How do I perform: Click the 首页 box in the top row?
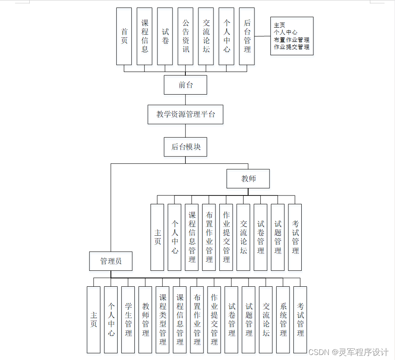[124, 36]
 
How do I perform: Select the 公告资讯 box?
[185, 36]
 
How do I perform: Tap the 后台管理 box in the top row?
[247, 36]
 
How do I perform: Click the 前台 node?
[185, 85]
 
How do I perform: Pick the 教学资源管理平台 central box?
[185, 114]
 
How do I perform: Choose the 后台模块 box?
[185, 147]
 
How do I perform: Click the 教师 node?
[248, 179]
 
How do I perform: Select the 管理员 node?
[111, 261]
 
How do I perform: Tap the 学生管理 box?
[128, 319]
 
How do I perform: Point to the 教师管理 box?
[145, 319]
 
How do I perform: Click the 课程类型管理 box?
[162, 319]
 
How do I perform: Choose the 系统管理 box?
[283, 319]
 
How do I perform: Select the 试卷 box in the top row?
[165, 36]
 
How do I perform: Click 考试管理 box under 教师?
[295, 237]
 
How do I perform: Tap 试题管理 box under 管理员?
[249, 319]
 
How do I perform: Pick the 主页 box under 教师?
[157, 237]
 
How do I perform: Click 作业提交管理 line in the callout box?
[292, 47]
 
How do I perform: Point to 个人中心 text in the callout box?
[286, 32]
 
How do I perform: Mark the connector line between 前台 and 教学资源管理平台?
[185, 100]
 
